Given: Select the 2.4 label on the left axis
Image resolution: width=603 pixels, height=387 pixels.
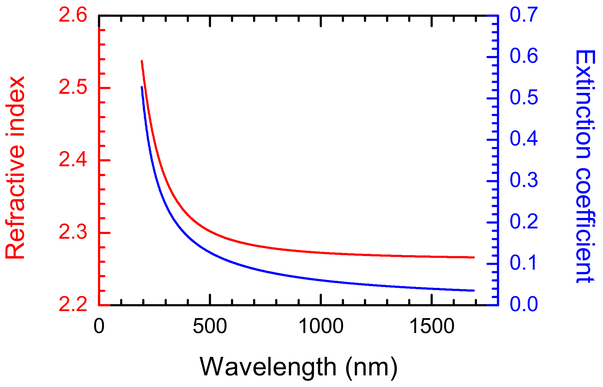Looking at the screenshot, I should tap(73, 160).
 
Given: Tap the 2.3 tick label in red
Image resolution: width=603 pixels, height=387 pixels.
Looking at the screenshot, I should tap(73, 232).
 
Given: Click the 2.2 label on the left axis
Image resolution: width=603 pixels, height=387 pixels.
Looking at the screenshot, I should tap(73, 305).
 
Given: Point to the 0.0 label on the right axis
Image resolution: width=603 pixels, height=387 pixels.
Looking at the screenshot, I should tap(524, 304).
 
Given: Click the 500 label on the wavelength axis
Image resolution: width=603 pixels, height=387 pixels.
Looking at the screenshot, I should tap(210, 326).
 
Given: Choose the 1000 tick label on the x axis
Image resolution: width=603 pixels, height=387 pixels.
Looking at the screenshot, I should tap(321, 326).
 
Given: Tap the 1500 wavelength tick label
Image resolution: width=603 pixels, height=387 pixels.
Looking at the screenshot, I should tap(432, 326).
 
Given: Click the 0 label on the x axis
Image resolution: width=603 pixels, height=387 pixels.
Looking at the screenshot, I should tap(99, 326).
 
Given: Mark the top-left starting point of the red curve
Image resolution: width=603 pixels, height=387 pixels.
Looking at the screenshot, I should tap(142, 61).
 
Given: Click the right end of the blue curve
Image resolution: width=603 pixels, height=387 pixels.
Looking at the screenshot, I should tap(474, 290).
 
